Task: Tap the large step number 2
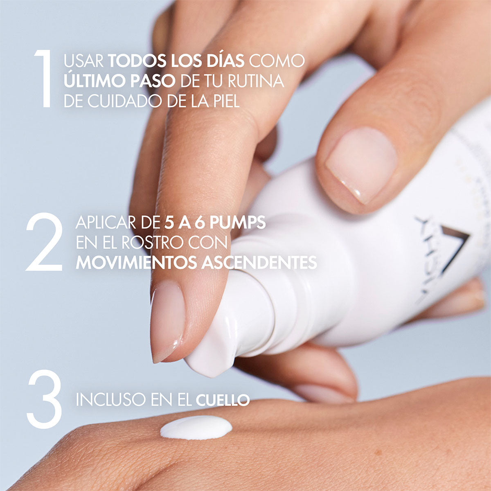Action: [x=44, y=242]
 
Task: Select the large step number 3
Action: [x=44, y=399]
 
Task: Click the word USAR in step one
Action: [x=84, y=61]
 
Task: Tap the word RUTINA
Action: [x=255, y=81]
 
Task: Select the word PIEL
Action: [x=227, y=101]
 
